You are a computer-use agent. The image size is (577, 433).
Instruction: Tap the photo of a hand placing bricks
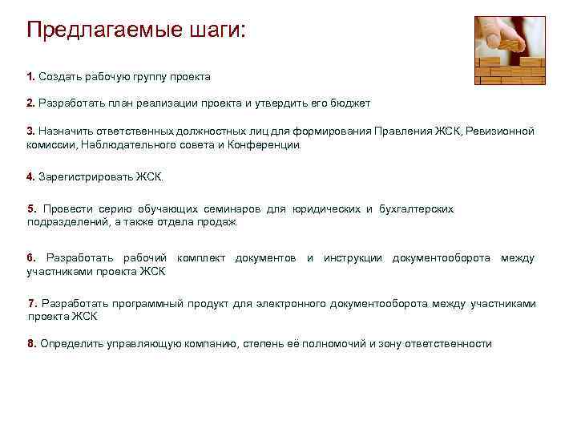(x=510, y=50)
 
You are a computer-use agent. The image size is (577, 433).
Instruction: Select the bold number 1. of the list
(x=30, y=77)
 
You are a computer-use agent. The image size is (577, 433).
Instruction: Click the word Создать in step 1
(x=60, y=77)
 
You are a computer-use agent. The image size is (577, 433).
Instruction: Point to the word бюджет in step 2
(x=350, y=104)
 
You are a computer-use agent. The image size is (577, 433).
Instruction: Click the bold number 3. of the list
(x=30, y=131)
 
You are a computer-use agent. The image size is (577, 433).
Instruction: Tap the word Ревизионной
(x=502, y=131)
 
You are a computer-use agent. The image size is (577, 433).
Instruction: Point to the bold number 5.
(x=32, y=208)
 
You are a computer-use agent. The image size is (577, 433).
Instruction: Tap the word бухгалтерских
(x=418, y=208)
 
